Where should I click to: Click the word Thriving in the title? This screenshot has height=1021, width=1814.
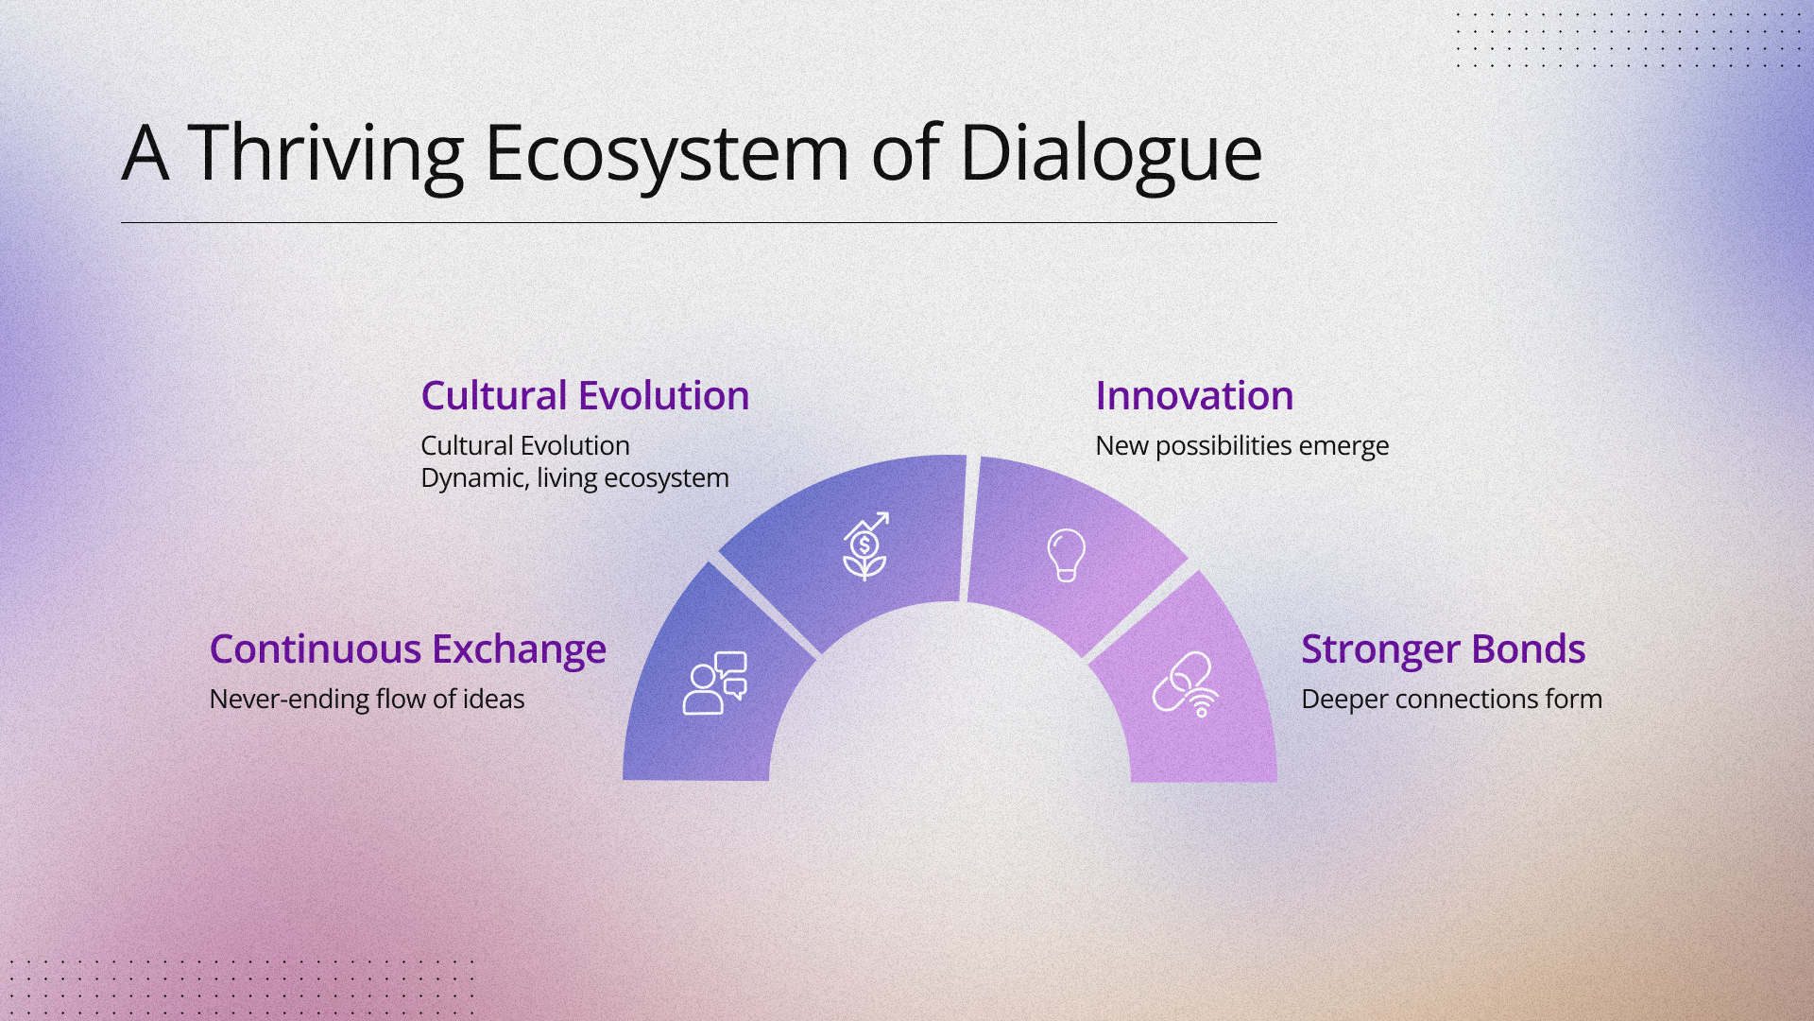coord(325,154)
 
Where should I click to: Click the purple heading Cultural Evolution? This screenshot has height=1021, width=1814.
coord(585,395)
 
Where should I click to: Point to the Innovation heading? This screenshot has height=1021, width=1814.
coord(1194,395)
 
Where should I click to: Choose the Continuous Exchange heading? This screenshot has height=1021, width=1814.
coord(407,649)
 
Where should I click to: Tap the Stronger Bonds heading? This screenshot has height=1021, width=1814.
coord(1443,649)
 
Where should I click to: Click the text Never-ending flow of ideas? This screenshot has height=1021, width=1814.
coord(367,699)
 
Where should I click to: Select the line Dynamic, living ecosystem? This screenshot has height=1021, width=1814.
coord(574,478)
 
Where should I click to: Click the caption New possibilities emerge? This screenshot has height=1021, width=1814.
coord(1241,446)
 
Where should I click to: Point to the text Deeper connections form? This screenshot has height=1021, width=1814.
coord(1451,699)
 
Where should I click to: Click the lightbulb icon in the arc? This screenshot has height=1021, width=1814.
coord(1066,555)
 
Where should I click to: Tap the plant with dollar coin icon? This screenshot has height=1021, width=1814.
coord(865,546)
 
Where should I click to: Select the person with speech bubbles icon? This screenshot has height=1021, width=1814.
coord(714,683)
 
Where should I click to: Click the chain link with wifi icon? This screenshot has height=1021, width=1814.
coord(1186,684)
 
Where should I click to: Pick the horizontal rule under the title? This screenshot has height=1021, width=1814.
coord(699,222)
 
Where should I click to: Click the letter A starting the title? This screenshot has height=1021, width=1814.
coord(145,153)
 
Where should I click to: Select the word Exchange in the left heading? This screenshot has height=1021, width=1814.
coord(519,649)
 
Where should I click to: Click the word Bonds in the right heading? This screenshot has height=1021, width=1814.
coord(1528,649)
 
